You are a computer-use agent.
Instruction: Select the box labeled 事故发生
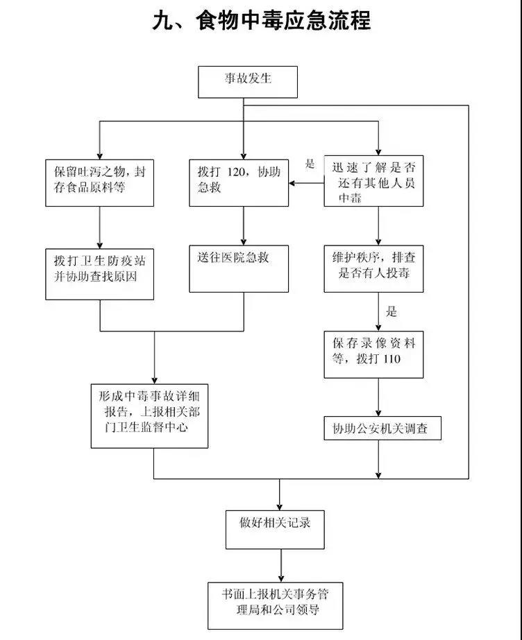click(x=248, y=81)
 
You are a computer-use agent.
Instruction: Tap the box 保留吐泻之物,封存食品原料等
click(x=100, y=182)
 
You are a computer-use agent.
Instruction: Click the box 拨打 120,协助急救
click(x=239, y=182)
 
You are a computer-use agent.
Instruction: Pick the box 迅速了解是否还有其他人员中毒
click(x=374, y=182)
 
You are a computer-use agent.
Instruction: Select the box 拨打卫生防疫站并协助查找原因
click(x=100, y=273)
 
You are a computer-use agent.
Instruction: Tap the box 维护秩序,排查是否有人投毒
click(x=374, y=268)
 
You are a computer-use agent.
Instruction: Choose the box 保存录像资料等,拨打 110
click(x=374, y=354)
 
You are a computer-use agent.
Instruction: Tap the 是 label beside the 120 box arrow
click(x=310, y=164)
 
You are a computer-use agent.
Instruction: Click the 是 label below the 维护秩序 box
click(x=392, y=311)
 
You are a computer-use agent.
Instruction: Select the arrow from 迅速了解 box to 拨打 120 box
click(x=306, y=183)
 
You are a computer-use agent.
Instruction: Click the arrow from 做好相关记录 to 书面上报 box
click(x=281, y=566)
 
